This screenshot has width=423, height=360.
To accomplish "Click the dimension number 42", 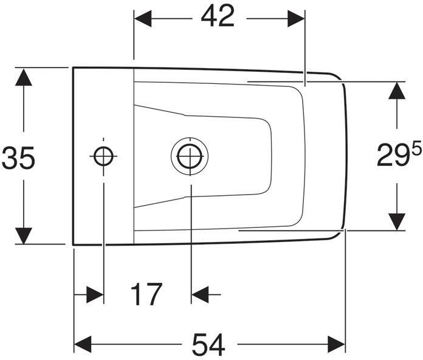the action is coord(218,16).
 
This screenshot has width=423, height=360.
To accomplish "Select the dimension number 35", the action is coord(19,158).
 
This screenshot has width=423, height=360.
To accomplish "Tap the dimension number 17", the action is coord(146,294).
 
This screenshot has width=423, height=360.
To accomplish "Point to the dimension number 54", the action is coord(208,345).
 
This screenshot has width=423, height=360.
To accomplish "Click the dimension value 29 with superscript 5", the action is coord(399,155).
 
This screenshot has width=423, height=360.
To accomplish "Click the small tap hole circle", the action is coord(103,156).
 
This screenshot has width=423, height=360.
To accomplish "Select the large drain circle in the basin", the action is coord(190,156).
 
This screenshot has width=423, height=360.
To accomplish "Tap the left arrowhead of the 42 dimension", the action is coord(143,19).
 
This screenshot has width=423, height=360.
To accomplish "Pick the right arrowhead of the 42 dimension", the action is coord(296,19).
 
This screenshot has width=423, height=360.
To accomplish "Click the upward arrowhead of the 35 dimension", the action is coord(24,77).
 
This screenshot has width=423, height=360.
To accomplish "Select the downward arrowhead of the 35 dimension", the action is coord(24,235).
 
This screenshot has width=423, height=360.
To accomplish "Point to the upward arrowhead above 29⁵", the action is coord(397,91).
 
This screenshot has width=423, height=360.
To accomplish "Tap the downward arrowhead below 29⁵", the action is coord(397,222).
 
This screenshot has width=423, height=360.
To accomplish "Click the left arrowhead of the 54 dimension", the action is coord(83,344).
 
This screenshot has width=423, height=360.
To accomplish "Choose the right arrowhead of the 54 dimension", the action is coord(337,344).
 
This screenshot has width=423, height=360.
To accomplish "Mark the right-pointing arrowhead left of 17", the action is coord(95,294).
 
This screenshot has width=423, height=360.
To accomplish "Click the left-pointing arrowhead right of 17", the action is coord(200,294).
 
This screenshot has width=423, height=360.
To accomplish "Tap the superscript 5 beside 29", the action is coord(416,150).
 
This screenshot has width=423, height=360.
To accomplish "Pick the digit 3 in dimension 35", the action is coord(10,158).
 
